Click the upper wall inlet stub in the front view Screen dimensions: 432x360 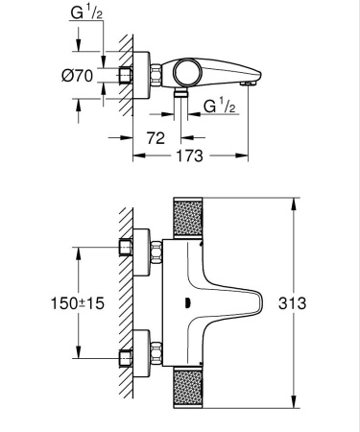coord(124,248)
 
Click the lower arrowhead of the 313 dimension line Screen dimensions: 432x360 coord(292,405)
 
